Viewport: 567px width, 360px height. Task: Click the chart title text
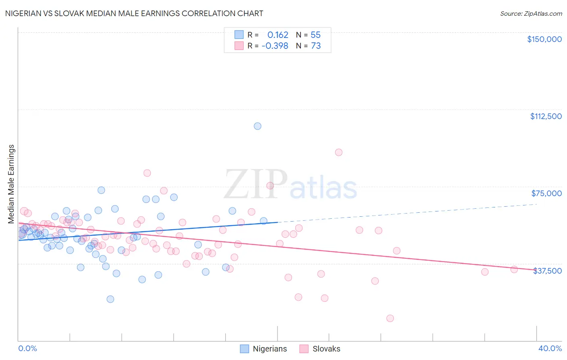tap(134, 13)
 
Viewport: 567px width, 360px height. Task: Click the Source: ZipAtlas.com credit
tap(531, 13)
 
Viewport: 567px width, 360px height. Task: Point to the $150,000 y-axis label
tap(544, 39)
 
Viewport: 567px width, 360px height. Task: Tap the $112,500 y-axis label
tap(546, 116)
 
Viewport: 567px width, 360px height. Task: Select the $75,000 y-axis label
tap(546, 193)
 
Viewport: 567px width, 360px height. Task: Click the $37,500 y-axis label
tap(547, 271)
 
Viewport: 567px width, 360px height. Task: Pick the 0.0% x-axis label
tap(27, 348)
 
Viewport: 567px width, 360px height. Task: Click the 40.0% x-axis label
tap(550, 348)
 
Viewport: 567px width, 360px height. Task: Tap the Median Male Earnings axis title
tap(11, 184)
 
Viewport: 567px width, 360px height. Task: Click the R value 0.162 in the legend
tap(277, 35)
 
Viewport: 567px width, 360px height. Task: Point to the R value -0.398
tap(275, 46)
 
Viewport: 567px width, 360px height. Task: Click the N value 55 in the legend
tap(316, 35)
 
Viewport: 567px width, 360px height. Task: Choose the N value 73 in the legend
tap(316, 46)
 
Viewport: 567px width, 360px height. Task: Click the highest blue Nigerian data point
tap(257, 126)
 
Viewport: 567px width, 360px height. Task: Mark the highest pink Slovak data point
tap(339, 152)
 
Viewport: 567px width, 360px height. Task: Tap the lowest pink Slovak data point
tap(390, 318)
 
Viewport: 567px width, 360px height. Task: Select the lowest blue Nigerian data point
tap(110, 299)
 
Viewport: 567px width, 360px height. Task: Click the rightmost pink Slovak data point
tap(514, 270)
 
